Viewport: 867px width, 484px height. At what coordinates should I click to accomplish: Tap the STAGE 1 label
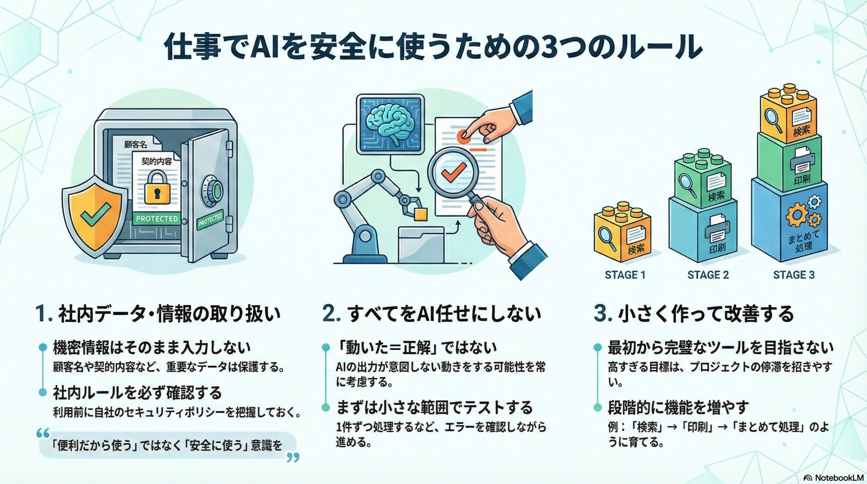pyautogui.click(x=625, y=275)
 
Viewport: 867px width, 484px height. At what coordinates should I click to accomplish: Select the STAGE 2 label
pyautogui.click(x=708, y=275)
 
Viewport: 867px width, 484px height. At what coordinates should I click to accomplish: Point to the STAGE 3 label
pyautogui.click(x=794, y=275)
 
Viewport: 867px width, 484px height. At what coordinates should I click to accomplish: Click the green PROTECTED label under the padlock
pyautogui.click(x=157, y=219)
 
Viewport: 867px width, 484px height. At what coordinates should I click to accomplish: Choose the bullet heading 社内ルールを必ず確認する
pyautogui.click(x=138, y=393)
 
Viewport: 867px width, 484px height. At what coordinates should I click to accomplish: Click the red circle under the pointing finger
pyautogui.click(x=464, y=135)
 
